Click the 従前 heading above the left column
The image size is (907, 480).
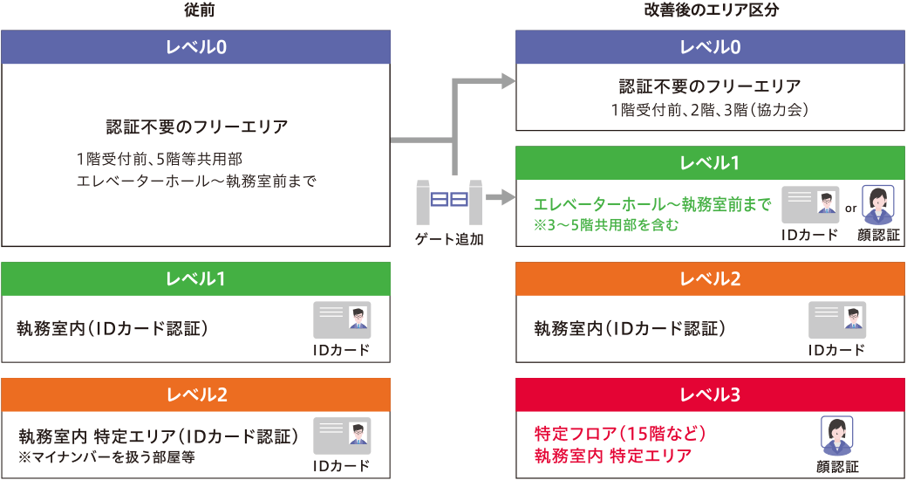coord(195,11)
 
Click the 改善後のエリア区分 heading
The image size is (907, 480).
coord(710,11)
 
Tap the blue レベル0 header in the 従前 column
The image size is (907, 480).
coord(196,47)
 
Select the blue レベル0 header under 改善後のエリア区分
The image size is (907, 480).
coord(710,47)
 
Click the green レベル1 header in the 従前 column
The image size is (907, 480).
coord(196,279)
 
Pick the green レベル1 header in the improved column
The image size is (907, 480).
coord(710,163)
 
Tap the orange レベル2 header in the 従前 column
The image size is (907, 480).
coord(196,394)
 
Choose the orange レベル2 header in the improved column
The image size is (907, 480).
coord(710,279)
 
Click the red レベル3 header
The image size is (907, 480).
coord(710,394)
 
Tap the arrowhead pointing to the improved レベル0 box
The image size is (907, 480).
coord(508,81)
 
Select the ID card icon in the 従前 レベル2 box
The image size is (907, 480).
coord(342,435)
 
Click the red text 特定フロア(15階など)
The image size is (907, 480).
coord(618,433)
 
